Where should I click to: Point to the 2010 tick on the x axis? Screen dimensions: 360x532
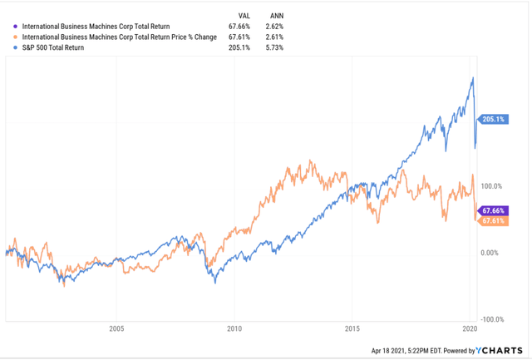click(234, 328)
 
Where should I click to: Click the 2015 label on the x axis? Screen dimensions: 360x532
click(352, 328)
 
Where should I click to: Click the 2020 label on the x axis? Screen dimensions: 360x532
click(470, 328)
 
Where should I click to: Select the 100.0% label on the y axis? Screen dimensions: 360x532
click(494, 186)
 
